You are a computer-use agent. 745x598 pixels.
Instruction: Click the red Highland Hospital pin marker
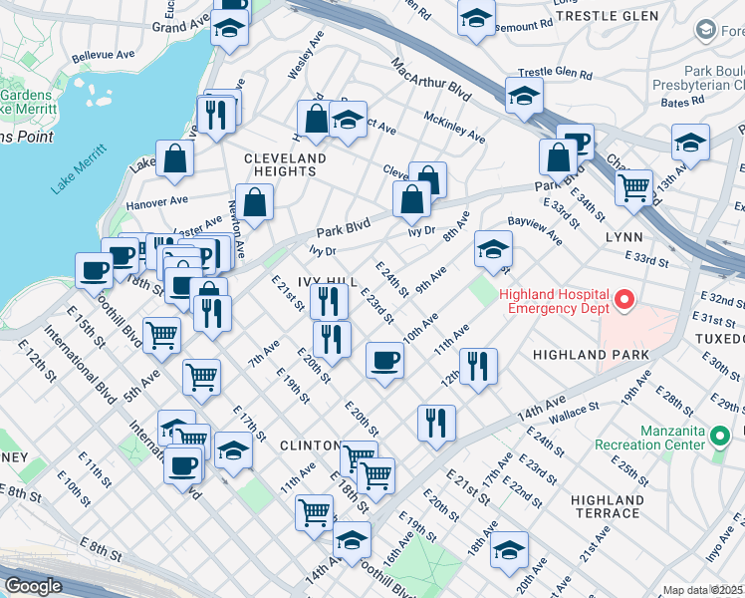pyautogui.click(x=624, y=298)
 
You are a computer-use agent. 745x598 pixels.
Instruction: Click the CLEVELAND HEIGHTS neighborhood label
pyautogui.click(x=285, y=164)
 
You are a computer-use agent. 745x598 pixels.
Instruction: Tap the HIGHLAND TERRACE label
pyautogui.click(x=607, y=505)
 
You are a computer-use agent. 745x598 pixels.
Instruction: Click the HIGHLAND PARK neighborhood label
pyautogui.click(x=590, y=355)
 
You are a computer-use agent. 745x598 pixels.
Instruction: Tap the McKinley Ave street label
pyautogui.click(x=453, y=126)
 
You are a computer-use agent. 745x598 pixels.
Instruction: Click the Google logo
pyautogui.click(x=33, y=586)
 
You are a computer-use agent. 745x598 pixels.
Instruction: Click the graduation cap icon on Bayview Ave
pyautogui.click(x=493, y=251)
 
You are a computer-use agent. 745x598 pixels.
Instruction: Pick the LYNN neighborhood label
pyautogui.click(x=622, y=237)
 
